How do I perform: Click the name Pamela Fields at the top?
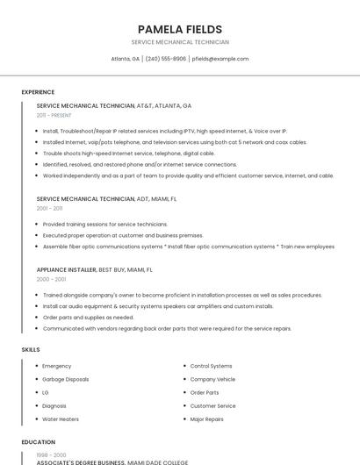[180, 29]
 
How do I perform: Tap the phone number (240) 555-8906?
[166, 59]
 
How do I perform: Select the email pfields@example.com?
[220, 59]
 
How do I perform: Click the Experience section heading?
[38, 92]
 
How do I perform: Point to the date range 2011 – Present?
[54, 115]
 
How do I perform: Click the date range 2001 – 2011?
[49, 209]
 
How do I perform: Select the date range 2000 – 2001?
[51, 279]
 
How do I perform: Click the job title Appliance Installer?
[66, 269]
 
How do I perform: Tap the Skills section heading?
[31, 350]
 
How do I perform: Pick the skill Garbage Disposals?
[65, 379]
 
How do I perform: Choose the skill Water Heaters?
[61, 419]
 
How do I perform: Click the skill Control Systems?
[211, 366]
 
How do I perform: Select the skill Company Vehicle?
[212, 379]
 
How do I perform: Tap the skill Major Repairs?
[206, 419]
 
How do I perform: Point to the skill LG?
[46, 392]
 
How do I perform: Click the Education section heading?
[38, 442]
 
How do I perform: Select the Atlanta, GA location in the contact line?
[125, 59]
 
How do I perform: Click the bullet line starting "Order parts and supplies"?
[88, 318]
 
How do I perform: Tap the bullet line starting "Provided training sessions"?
[104, 224]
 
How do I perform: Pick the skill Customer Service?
[212, 406]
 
